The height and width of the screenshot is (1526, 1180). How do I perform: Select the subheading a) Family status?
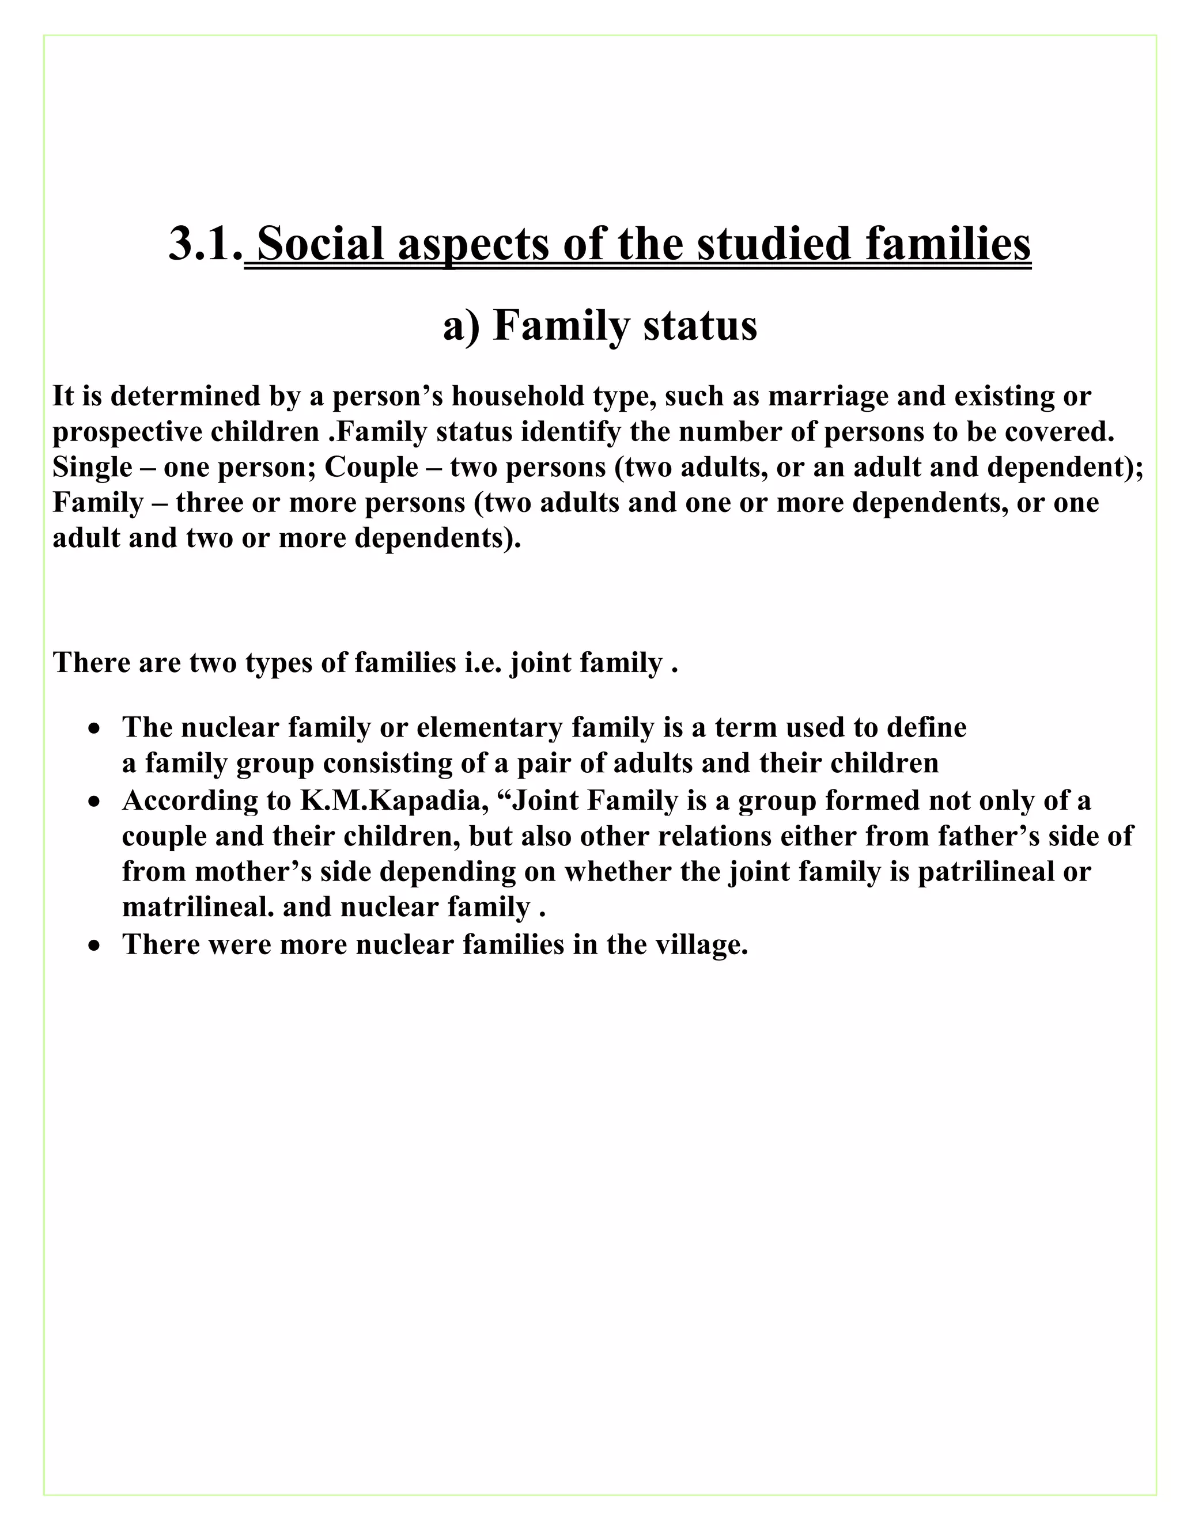pos(600,325)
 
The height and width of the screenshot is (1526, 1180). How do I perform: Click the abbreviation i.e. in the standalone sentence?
pos(483,662)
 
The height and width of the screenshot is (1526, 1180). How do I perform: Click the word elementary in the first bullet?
pos(489,727)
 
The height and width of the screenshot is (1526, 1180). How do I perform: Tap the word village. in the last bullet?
pos(702,944)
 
